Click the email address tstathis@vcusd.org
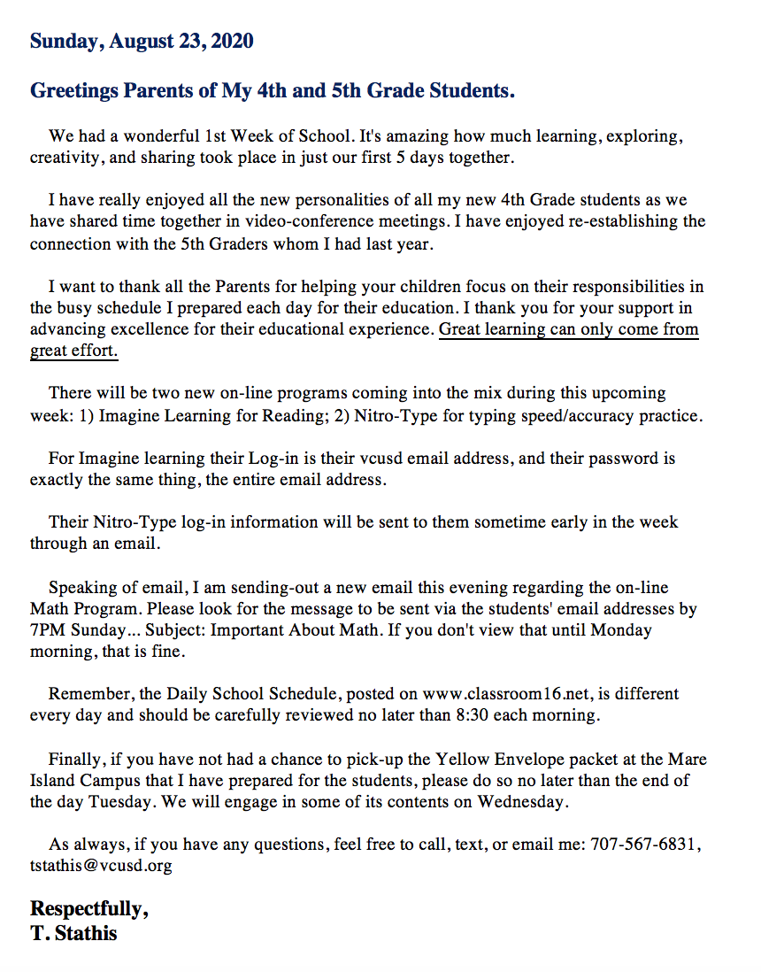pyautogui.click(x=101, y=866)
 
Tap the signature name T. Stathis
pyautogui.click(x=73, y=933)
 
